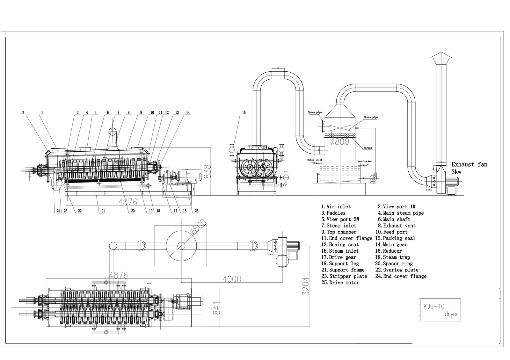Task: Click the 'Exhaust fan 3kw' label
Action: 469,168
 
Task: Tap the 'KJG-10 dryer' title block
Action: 439,310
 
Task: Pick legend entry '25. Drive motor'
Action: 340,283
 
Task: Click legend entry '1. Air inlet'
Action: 336,207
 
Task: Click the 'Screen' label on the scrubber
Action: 367,148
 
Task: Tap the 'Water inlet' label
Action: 315,160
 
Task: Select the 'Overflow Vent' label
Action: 365,161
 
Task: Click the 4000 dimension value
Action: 232,279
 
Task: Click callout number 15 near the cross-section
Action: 244,113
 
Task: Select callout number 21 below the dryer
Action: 103,211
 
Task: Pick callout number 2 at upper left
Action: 23,112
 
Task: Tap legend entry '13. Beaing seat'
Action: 340,245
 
